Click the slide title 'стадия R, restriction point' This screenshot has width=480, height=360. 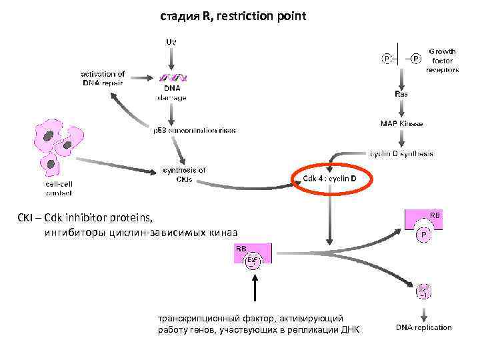[x=233, y=15]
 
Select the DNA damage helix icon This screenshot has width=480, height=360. [x=171, y=77]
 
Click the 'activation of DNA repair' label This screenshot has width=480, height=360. [x=103, y=78]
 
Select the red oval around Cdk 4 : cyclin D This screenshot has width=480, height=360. [x=330, y=179]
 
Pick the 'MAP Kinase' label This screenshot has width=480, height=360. [x=401, y=124]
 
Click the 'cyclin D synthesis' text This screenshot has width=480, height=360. [x=401, y=153]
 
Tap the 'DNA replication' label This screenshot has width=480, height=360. [x=423, y=327]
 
